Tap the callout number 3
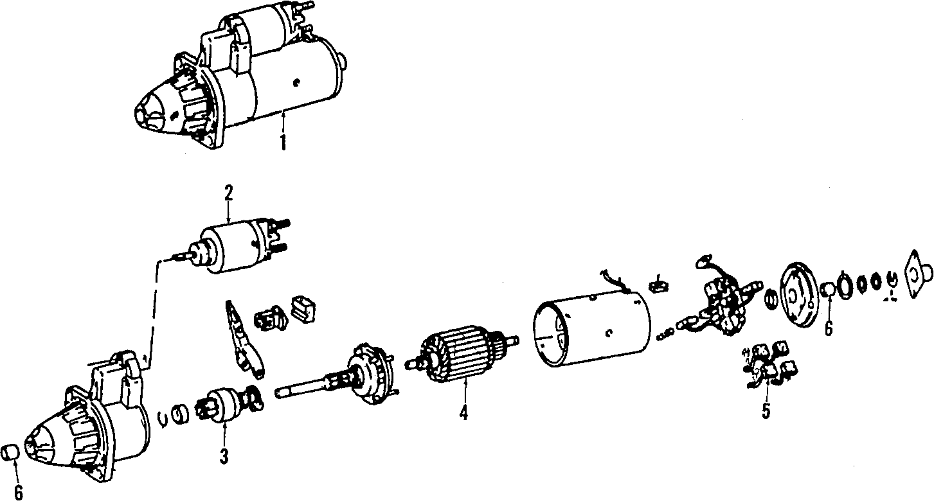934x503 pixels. (224, 456)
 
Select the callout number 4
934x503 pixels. (463, 414)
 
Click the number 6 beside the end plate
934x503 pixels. (828, 328)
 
